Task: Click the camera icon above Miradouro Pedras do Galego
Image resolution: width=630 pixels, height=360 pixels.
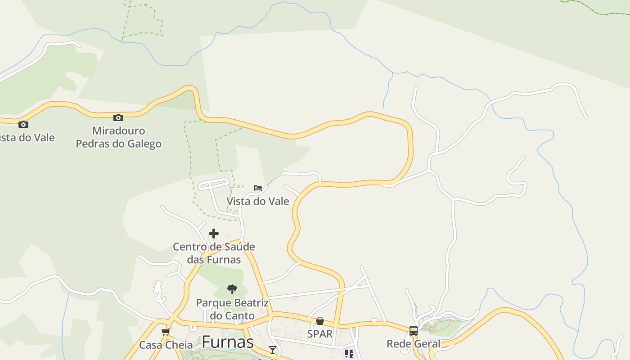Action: click(x=118, y=118)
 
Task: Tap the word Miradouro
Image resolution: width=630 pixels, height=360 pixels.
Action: click(x=119, y=131)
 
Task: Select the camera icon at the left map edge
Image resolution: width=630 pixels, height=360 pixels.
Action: click(x=23, y=124)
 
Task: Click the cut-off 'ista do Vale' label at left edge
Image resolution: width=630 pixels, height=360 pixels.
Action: click(x=27, y=138)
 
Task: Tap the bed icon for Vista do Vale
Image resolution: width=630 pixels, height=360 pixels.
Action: click(x=258, y=188)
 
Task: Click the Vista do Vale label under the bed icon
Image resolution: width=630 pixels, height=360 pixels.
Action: click(x=258, y=201)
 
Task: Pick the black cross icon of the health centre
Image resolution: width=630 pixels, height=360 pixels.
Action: click(x=214, y=234)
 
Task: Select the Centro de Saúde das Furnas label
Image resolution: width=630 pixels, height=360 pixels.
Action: click(x=214, y=253)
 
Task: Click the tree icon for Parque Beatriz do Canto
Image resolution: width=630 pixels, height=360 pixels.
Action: click(x=232, y=289)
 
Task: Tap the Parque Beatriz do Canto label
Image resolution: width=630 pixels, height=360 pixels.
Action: click(x=232, y=309)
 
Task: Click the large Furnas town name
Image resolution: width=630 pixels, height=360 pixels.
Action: click(x=228, y=342)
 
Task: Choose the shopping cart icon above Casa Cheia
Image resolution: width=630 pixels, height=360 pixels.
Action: click(x=166, y=332)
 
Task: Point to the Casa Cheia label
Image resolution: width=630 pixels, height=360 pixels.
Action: click(x=166, y=345)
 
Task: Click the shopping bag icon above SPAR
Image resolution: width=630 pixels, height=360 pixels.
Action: click(x=320, y=321)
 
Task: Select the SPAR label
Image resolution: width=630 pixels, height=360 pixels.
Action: click(x=320, y=334)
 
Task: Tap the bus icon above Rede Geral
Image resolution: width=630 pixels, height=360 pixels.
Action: click(x=414, y=331)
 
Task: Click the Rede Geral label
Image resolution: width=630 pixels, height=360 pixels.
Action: click(x=414, y=344)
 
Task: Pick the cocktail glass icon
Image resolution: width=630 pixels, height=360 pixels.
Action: click(x=273, y=350)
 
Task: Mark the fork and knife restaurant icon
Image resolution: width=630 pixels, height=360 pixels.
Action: click(x=349, y=354)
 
